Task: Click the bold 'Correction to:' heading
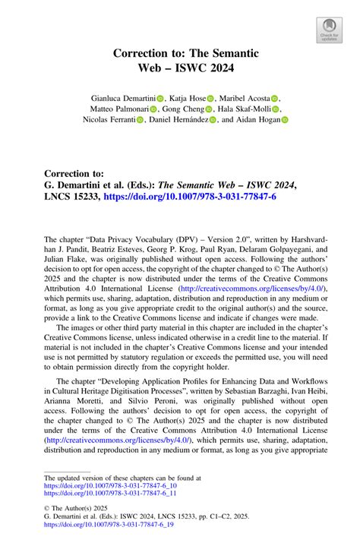click(x=78, y=173)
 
